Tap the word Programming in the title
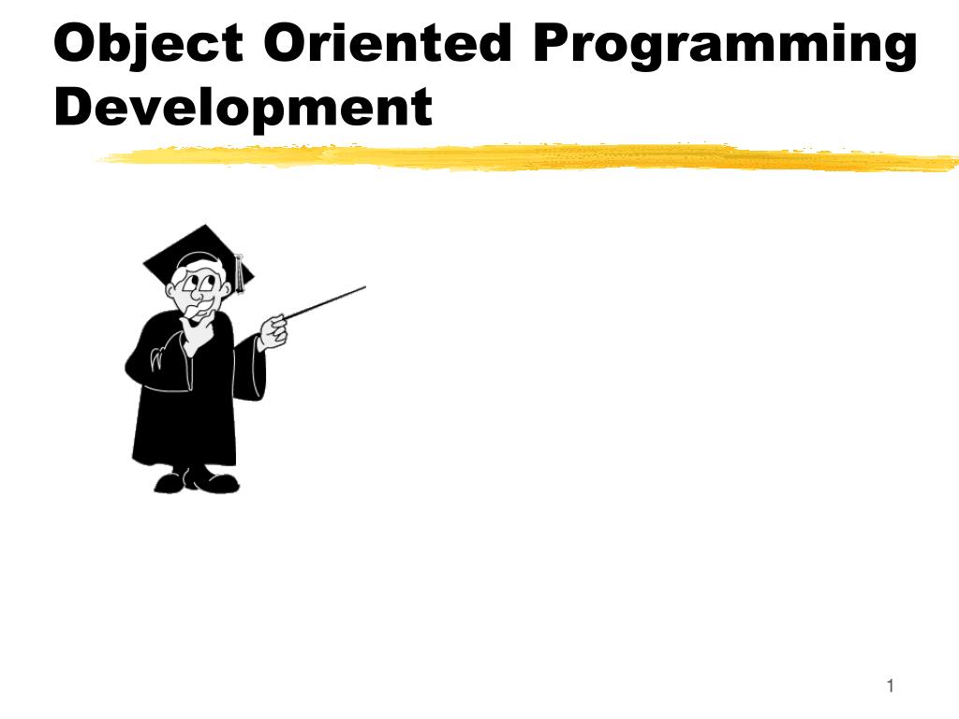pos(725,45)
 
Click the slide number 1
pos(891,688)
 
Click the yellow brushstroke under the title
pos(524,158)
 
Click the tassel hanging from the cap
pos(242,273)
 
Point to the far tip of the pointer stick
pos(363,287)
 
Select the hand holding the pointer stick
pos(273,330)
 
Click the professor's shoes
pos(197,482)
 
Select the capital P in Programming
pos(552,45)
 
